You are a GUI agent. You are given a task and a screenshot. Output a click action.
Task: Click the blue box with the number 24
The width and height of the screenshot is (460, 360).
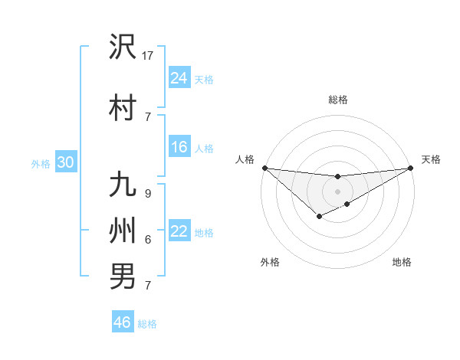tap(179, 77)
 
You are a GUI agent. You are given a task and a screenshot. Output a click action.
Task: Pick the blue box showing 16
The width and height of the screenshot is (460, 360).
tap(179, 147)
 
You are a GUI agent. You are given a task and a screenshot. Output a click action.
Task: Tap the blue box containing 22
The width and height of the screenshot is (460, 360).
tap(179, 231)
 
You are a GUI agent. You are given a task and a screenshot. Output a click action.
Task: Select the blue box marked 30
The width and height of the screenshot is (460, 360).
tap(65, 162)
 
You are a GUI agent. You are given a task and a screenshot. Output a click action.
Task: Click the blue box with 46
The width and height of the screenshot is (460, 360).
tap(123, 322)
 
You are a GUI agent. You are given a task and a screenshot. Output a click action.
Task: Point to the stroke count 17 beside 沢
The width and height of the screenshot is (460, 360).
tap(148, 55)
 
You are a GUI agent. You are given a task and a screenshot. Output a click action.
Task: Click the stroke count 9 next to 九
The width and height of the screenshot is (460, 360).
tap(148, 195)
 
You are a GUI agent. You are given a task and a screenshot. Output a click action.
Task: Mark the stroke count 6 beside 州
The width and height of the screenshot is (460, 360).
tap(148, 239)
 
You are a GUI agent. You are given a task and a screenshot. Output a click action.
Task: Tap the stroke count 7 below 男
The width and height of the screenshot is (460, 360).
tap(148, 286)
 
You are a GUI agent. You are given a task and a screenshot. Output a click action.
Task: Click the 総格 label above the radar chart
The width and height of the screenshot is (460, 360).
tap(337, 100)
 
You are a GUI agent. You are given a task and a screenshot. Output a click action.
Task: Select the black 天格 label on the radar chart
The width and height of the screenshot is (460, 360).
tap(431, 159)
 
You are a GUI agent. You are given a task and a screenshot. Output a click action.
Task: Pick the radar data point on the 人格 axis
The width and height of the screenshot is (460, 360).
tap(264, 168)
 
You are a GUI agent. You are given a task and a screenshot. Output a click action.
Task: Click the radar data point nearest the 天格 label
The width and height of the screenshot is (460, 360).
tap(411, 168)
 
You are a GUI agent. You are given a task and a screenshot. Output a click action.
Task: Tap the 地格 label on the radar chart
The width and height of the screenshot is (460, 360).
tap(402, 262)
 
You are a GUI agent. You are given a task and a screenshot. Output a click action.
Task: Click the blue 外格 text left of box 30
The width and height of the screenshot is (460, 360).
tap(41, 163)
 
